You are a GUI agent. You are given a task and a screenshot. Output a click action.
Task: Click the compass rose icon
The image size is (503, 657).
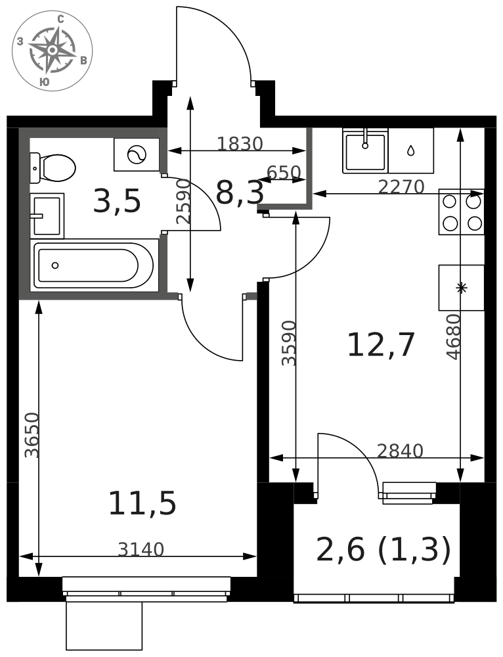[x=52, y=51]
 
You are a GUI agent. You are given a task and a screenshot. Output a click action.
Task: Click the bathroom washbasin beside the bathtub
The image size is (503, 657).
[x=47, y=215]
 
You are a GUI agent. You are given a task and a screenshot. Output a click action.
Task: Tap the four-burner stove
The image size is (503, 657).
[x=462, y=212]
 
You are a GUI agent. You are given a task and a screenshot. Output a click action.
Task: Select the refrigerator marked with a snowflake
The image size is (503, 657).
[x=462, y=288]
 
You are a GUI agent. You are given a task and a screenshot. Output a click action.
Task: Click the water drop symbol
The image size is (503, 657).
[x=411, y=150]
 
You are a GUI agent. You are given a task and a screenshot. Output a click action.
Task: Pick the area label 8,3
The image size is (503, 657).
[x=240, y=193]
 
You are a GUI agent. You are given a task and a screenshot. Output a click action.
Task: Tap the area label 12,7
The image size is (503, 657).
[x=381, y=345]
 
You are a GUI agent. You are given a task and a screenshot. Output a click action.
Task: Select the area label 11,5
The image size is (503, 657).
[x=142, y=504]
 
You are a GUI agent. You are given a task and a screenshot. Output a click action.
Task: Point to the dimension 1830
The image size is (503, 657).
[x=240, y=144]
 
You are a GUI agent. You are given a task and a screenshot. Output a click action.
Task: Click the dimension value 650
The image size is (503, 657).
[x=284, y=173]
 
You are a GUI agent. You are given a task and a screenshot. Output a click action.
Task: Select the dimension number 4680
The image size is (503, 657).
[x=454, y=337]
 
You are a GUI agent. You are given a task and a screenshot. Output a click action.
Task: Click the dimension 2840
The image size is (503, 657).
[x=400, y=451]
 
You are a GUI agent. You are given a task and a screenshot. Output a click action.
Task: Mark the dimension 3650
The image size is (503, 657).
[x=32, y=436]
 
